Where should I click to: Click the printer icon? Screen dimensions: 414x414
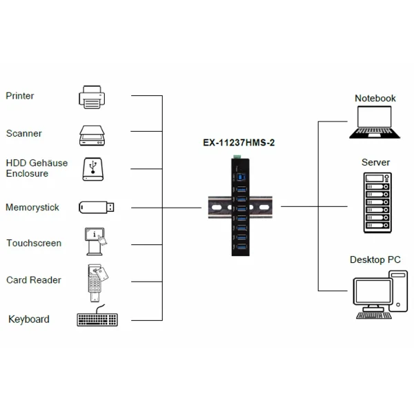[92, 97]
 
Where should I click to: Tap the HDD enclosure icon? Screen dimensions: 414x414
[94, 169]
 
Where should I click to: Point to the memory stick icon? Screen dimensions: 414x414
[96, 207]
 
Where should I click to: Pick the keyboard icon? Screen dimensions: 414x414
[97, 319]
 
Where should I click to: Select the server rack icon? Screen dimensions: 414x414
[375, 202]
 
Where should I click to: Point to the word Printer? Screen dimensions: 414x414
[20, 96]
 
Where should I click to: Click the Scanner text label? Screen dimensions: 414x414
[23, 133]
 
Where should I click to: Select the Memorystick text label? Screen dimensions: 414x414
[32, 207]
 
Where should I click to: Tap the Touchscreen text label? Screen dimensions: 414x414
[34, 243]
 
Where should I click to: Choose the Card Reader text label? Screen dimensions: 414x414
[34, 280]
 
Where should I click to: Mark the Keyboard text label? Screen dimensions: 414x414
[29, 319]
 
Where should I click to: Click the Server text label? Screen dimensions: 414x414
[375, 163]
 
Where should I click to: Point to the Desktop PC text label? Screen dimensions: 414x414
[375, 260]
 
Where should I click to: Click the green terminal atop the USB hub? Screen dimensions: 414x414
[237, 158]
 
